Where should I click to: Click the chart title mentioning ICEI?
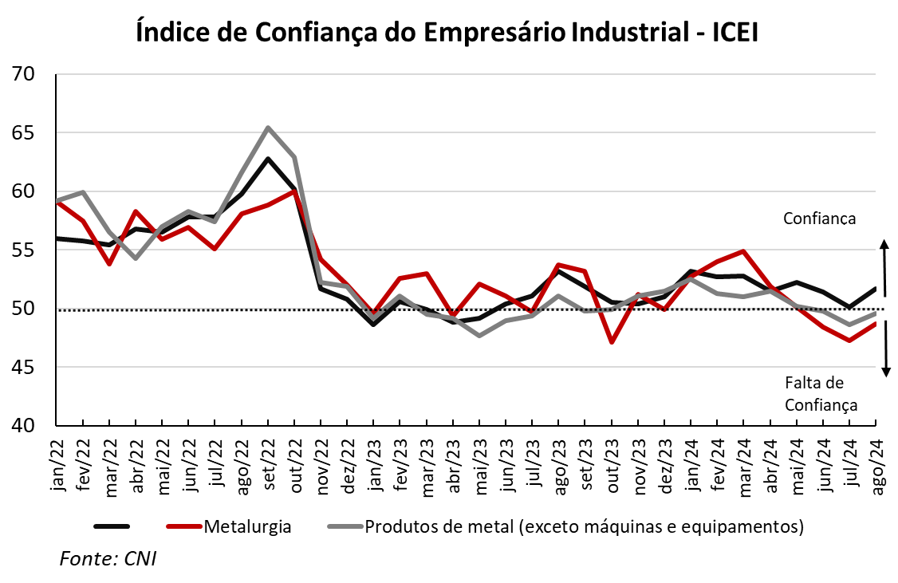pos(448,32)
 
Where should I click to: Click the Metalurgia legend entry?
pos(246,526)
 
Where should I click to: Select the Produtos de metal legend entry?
pos(583,526)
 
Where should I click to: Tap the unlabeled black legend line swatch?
pos(112,526)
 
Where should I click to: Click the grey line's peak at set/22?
pos(268,128)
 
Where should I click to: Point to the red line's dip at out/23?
pos(612,342)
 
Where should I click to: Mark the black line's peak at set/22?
pos(268,159)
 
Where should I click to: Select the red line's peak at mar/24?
pos(743,251)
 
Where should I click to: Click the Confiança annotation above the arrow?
pos(819,219)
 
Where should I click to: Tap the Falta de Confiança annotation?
pos(821,394)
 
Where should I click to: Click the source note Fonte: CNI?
pos(108,558)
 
